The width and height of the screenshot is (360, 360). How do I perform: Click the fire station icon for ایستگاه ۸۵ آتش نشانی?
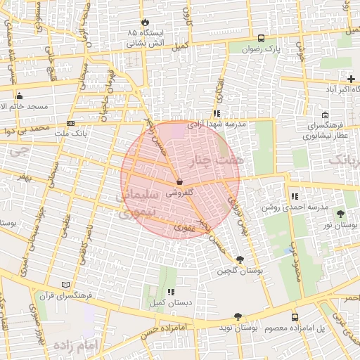click(146, 22)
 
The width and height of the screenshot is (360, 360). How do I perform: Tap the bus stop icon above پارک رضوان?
click(262, 39)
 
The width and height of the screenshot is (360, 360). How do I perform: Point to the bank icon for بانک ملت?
click(71, 123)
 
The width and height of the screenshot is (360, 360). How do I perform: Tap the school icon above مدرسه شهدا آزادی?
click(217, 112)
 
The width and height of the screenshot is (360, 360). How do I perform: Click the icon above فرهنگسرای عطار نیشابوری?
click(324, 115)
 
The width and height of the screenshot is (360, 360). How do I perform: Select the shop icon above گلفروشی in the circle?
click(180, 181)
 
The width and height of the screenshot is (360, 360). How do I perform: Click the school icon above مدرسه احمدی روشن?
click(294, 197)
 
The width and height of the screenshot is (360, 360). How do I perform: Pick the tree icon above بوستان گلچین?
click(240, 259)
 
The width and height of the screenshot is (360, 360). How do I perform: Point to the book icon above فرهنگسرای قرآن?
click(65, 285)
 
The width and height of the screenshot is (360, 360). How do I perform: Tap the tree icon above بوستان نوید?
click(238, 316)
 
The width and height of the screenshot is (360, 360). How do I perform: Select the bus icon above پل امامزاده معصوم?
click(295, 317)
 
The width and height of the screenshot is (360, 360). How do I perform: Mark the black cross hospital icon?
click(351, 79)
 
